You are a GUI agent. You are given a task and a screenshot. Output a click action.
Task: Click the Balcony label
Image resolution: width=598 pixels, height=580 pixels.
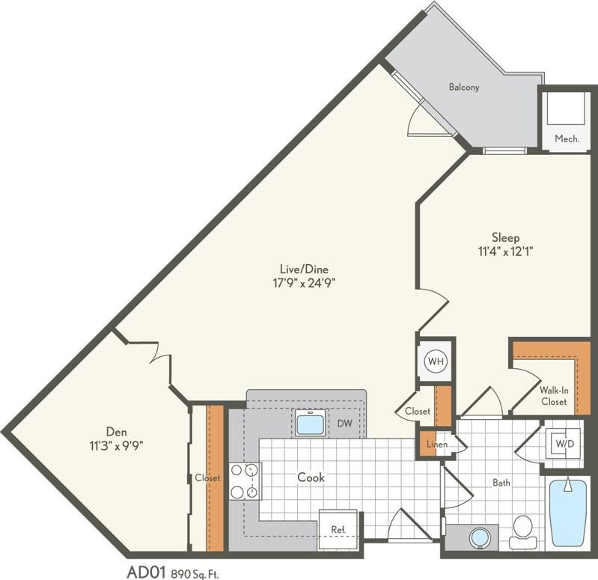pyautogui.click(x=464, y=87)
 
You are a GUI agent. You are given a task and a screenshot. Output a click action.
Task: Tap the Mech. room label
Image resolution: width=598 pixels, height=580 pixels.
pyautogui.click(x=567, y=138)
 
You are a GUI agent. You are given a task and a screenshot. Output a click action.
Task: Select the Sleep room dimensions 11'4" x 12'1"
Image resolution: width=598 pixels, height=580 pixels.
pyautogui.click(x=505, y=251)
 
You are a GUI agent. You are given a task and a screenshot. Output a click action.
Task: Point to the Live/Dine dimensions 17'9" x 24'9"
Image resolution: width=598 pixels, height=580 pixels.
pyautogui.click(x=305, y=283)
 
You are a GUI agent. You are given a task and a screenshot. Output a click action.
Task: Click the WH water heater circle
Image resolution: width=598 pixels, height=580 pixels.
pyautogui.click(x=436, y=361)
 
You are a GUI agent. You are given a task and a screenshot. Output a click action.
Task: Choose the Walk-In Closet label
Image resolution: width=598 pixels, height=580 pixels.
pyautogui.click(x=553, y=396)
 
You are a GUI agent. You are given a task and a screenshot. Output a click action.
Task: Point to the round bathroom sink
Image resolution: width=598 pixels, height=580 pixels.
pyautogui.click(x=480, y=537)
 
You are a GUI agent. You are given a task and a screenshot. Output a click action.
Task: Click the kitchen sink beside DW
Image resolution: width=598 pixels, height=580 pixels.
pyautogui.click(x=310, y=424)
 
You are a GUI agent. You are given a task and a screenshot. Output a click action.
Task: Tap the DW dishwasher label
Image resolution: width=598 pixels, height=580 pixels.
pyautogui.click(x=345, y=424)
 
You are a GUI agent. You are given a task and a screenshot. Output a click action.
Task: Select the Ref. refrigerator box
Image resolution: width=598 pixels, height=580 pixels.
pyautogui.click(x=338, y=529)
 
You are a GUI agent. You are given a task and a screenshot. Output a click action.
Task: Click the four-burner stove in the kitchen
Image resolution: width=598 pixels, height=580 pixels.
pyautogui.click(x=245, y=480)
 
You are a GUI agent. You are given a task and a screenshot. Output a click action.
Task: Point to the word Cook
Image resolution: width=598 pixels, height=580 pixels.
pyautogui.click(x=311, y=477)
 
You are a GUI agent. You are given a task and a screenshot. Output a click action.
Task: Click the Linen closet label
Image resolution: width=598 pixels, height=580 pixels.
pyautogui.click(x=436, y=445)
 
